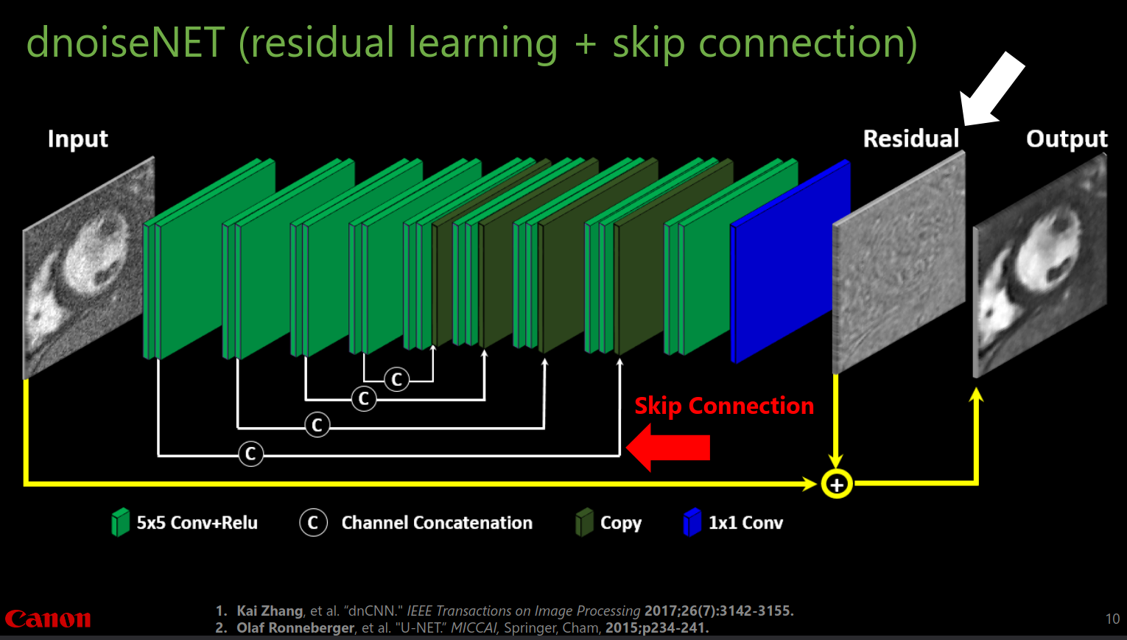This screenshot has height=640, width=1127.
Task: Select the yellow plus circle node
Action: tap(836, 485)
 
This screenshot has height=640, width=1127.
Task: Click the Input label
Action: tap(77, 138)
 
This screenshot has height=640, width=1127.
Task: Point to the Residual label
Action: tap(910, 138)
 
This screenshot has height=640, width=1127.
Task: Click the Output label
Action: tap(1066, 138)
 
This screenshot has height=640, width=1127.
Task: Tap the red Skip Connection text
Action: tap(724, 406)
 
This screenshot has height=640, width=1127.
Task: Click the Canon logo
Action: tap(48, 619)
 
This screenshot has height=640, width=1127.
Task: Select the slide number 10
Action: tap(1112, 619)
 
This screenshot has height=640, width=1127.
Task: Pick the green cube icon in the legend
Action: tap(120, 522)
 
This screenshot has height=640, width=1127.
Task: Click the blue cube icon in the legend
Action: tap(692, 522)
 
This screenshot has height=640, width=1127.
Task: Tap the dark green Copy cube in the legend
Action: tap(584, 522)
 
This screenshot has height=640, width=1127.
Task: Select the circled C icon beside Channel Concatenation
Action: tap(313, 523)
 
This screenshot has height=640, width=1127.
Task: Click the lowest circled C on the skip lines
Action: tap(250, 454)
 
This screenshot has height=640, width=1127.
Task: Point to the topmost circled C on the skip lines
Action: tap(396, 379)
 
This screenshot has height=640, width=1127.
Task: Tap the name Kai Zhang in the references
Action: tap(270, 611)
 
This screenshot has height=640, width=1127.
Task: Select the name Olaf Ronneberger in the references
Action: tap(295, 627)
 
